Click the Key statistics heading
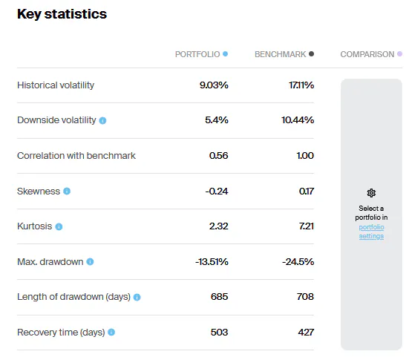click(x=62, y=14)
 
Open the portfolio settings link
click(x=371, y=232)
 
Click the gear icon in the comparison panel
click(x=371, y=192)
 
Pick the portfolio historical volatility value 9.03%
click(x=214, y=85)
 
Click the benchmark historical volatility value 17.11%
click(x=301, y=85)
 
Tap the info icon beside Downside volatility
click(x=102, y=120)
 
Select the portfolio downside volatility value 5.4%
click(x=217, y=120)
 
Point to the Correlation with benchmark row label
click(x=76, y=156)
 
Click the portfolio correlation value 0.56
click(x=218, y=156)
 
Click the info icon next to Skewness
click(x=67, y=192)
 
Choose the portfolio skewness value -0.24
click(x=217, y=192)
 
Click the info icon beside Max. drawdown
click(x=90, y=262)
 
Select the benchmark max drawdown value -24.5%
click(x=298, y=262)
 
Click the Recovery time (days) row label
click(x=61, y=333)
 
